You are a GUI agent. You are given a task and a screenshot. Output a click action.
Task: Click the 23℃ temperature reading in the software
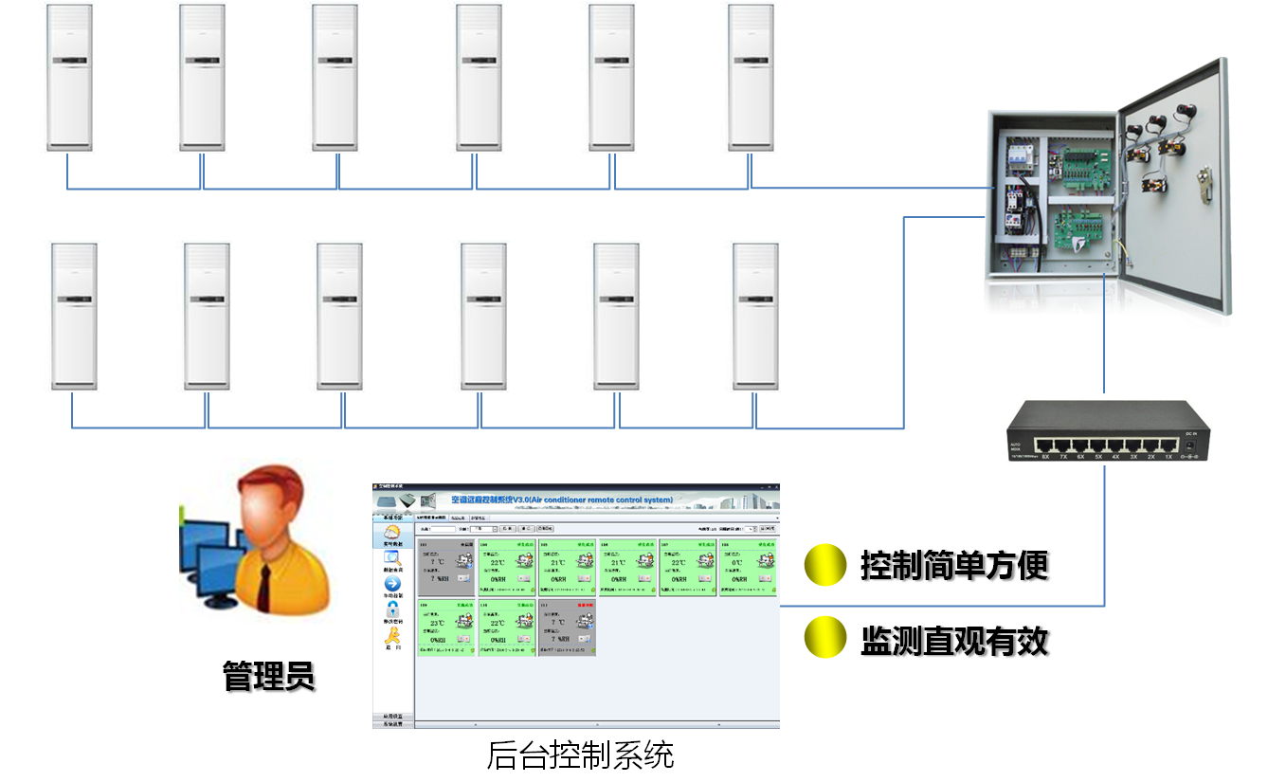[438, 623]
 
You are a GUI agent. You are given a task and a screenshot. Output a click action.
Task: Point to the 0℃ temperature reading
[737, 562]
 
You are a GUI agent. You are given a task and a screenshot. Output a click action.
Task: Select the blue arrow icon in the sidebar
[392, 585]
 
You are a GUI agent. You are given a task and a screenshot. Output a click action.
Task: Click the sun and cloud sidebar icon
[392, 535]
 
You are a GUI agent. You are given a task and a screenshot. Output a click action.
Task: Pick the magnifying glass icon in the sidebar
[392, 560]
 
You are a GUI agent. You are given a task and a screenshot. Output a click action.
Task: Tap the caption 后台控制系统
[580, 756]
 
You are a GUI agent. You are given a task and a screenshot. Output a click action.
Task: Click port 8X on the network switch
[1046, 445]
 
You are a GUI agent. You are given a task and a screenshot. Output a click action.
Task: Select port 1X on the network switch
[1168, 445]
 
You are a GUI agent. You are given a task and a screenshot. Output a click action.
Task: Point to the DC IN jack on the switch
[1192, 443]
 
